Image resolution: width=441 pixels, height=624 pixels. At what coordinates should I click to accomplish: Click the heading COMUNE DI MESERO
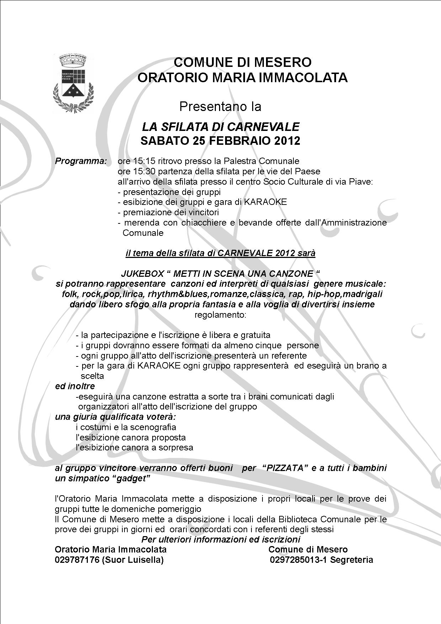coord(243,62)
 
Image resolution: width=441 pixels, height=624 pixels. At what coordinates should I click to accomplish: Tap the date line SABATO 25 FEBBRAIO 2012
coord(220,141)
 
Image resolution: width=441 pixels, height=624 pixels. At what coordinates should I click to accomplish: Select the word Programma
coord(81,161)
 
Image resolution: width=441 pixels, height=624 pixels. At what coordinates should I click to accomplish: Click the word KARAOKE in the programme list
coord(265,202)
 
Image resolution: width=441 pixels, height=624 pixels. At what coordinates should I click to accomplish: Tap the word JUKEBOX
coord(142,274)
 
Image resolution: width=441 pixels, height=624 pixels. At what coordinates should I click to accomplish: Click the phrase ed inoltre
coord(75,386)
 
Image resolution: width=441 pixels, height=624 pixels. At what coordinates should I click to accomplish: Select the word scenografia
coord(153,427)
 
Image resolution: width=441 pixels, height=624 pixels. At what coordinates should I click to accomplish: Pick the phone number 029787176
coord(77,560)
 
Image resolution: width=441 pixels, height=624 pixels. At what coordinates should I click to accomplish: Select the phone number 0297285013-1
coord(298,560)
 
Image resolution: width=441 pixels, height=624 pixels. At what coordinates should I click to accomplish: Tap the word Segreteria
coord(351,560)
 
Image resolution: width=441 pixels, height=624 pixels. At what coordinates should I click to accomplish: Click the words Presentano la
coord(220,106)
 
